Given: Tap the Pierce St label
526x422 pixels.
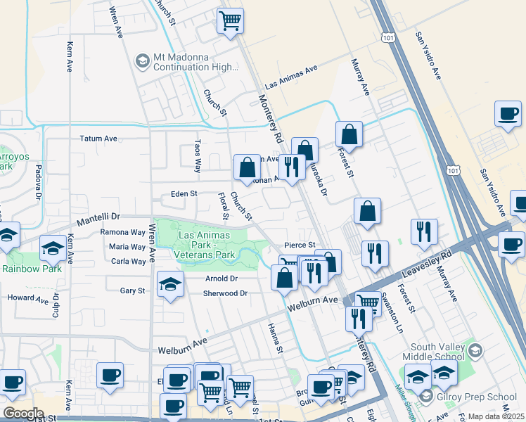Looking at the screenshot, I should (299, 245).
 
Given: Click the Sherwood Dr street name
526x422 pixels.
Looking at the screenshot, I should (226, 293).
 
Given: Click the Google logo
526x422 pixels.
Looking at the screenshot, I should (23, 414).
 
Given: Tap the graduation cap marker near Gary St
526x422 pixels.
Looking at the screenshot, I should (169, 285).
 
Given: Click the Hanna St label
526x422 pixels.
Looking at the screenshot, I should (276, 338).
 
